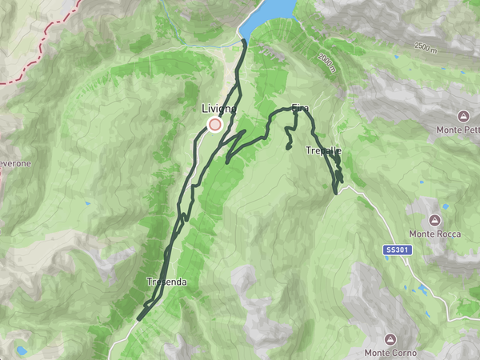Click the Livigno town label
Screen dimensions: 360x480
click(218, 109)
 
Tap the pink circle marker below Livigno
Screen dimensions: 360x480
click(214, 125)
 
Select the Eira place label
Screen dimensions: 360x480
click(301, 107)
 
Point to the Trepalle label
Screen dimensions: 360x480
click(323, 150)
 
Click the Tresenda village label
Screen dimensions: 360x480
click(167, 282)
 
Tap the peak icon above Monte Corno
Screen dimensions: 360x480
click(390, 339)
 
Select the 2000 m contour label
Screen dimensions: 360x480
click(325, 62)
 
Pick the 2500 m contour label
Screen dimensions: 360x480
click(426, 47)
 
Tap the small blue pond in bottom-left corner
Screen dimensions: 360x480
click(20, 350)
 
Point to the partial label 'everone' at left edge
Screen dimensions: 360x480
click(15, 163)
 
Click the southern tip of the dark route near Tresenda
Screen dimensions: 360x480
click(138, 319)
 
